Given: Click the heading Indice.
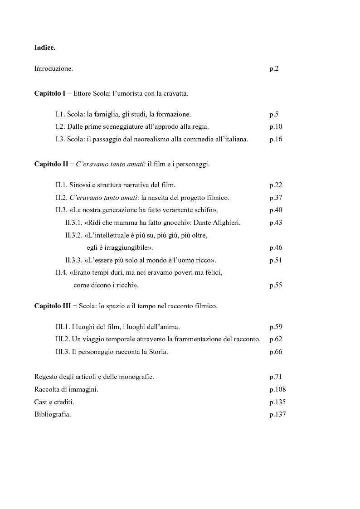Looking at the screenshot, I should point(45,47).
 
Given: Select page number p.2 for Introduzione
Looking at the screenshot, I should point(274,69).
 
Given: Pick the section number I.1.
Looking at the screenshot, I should point(61,115).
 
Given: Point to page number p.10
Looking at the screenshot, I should point(276,127).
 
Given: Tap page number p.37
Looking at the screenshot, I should point(276,198).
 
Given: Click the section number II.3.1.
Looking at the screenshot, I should point(74,223).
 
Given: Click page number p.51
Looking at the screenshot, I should point(276,260).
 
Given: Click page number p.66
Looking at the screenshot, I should point(276,352).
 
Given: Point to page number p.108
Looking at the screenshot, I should point(277,389).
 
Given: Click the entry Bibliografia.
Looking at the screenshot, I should point(53,414).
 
